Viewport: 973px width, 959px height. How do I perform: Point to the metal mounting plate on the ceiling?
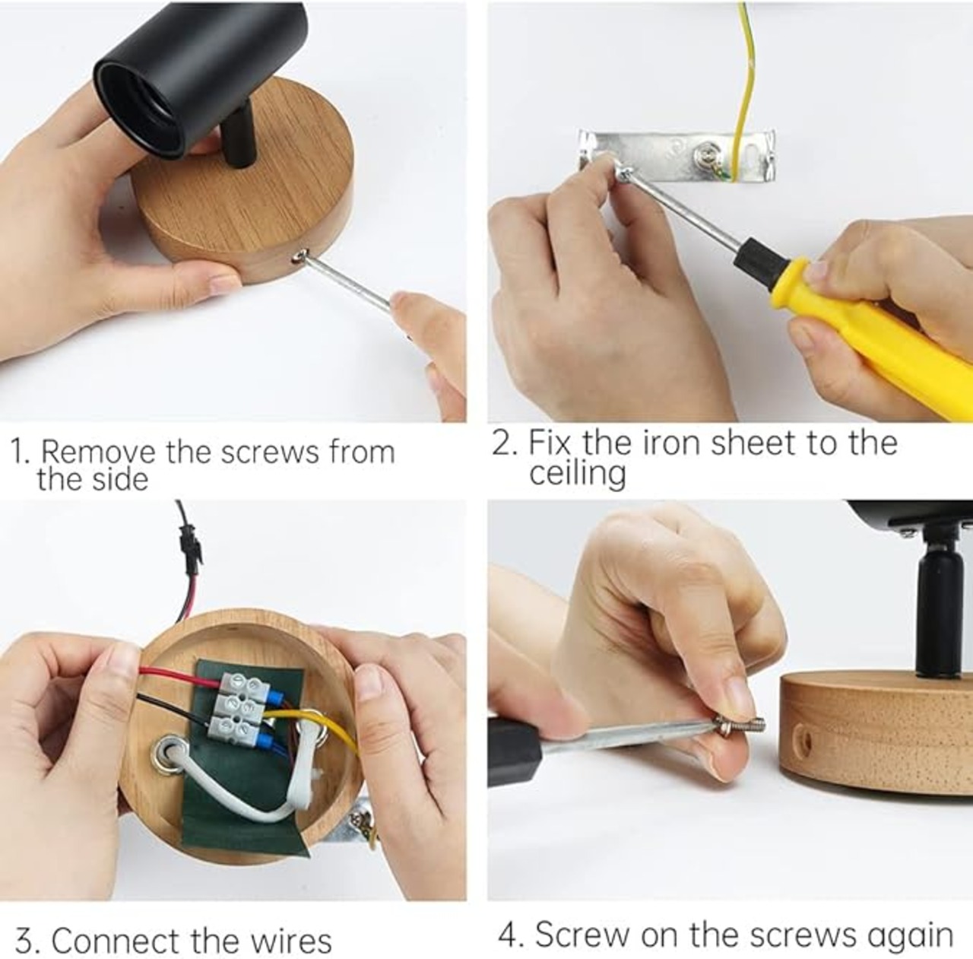click(677, 154)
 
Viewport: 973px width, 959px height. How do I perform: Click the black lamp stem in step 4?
click(936, 606)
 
